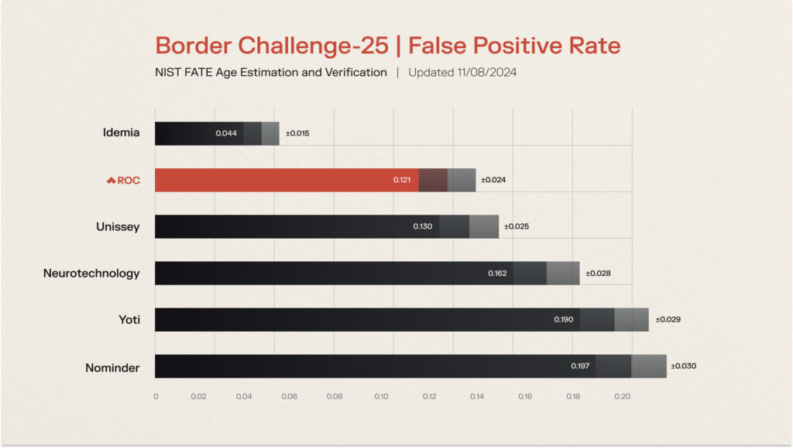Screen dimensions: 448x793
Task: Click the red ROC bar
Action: pos(287,180)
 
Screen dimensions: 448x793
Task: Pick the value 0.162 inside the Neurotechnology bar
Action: pos(498,273)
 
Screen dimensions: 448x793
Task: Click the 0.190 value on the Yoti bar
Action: pos(564,319)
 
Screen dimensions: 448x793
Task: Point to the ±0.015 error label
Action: pos(297,133)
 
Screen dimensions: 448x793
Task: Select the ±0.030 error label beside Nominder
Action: pos(683,366)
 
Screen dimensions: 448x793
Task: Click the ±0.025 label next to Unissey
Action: pos(517,226)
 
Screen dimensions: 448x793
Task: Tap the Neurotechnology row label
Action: pos(91,273)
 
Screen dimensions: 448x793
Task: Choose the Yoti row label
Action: pos(129,319)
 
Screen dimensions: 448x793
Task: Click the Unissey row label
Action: pos(118,226)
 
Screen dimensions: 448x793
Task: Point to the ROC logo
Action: pos(123,180)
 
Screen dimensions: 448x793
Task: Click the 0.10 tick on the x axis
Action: pos(382,396)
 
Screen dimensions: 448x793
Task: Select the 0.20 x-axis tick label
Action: pos(623,396)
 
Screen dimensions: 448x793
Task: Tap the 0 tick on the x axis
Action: pos(156,396)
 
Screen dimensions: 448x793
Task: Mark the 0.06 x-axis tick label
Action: pos(290,396)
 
